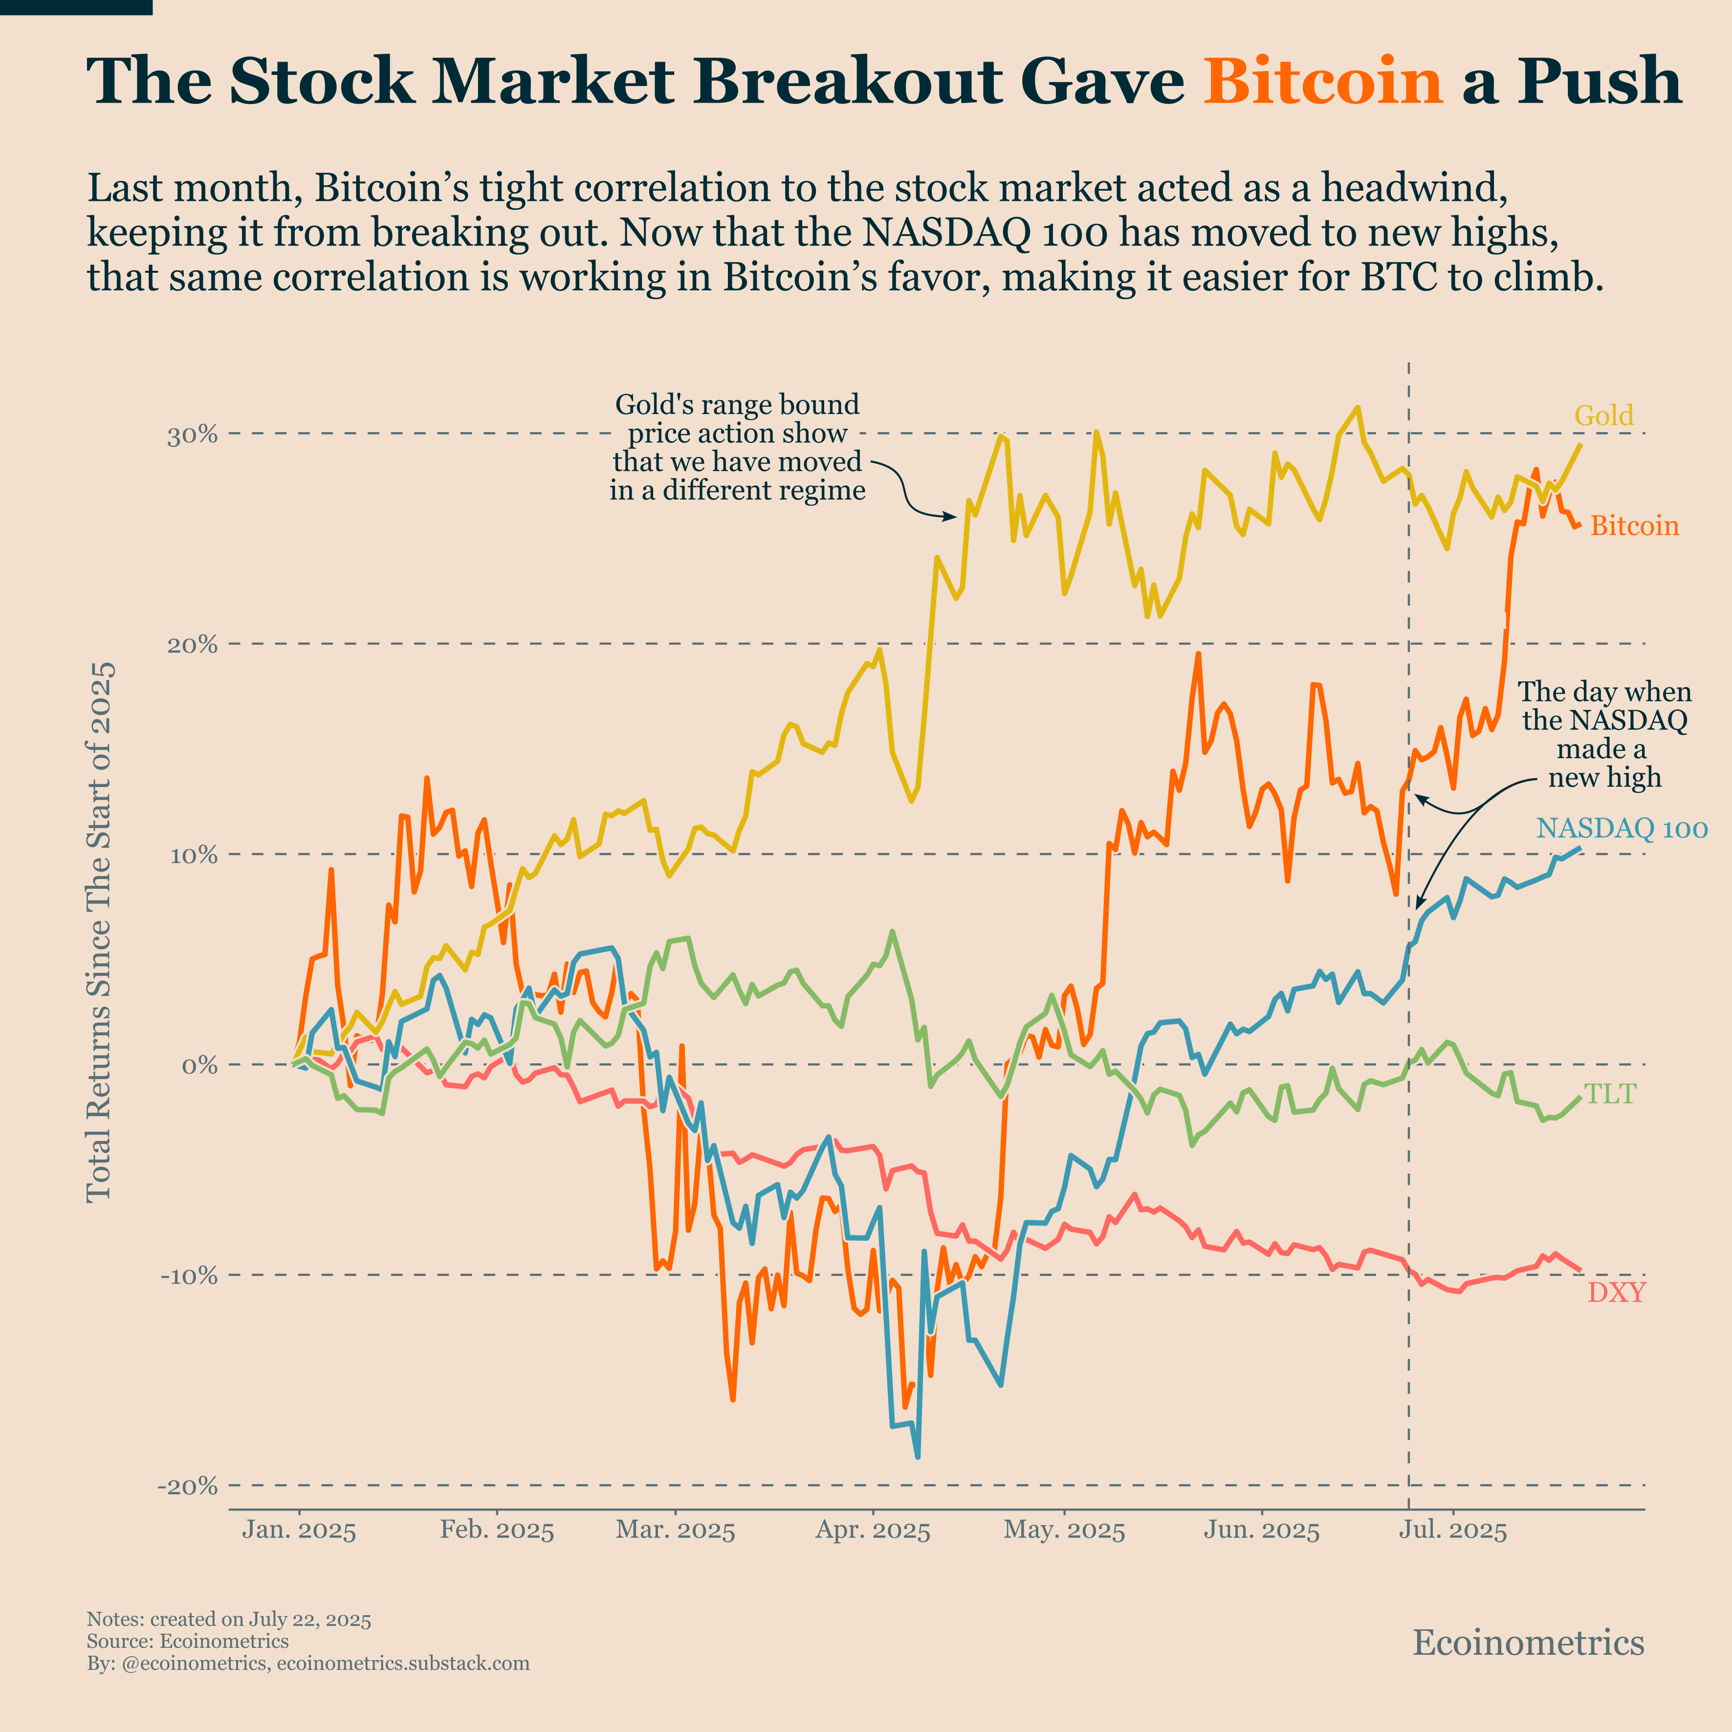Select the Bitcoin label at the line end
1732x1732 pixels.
click(1634, 526)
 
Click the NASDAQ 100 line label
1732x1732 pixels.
click(1622, 828)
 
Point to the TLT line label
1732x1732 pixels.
click(1610, 1094)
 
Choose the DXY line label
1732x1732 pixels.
click(1616, 1292)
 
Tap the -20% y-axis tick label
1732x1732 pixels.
click(187, 1487)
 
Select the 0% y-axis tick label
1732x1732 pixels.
click(199, 1066)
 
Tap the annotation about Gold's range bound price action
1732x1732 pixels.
click(737, 447)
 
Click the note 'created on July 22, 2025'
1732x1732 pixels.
click(260, 1619)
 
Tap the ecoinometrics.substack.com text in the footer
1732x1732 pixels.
click(403, 1663)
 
